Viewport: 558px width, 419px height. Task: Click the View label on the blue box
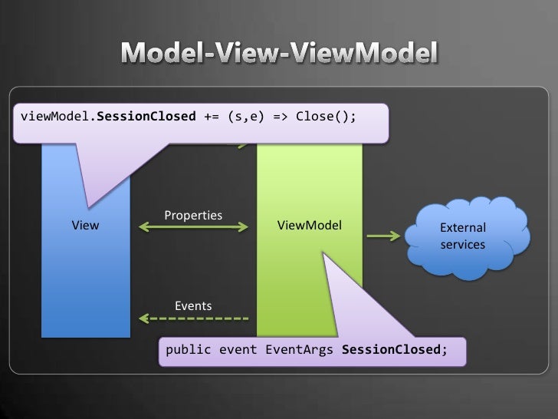tap(85, 226)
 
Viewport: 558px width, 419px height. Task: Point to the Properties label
tap(193, 214)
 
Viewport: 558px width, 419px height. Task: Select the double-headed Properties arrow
tap(193, 226)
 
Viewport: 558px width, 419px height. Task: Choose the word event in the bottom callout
tap(238, 350)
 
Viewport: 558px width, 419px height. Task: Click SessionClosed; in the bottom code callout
tap(393, 350)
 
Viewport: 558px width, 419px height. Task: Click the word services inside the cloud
tap(462, 243)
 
